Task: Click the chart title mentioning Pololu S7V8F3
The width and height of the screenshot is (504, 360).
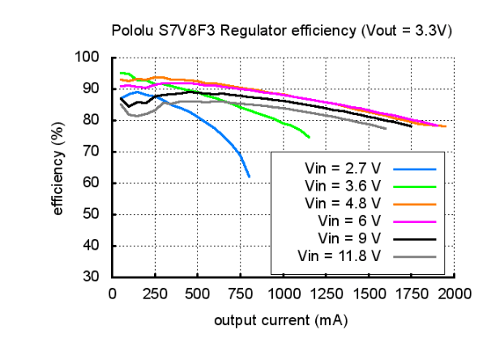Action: tap(281, 31)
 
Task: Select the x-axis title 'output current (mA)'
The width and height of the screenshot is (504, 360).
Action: tap(281, 321)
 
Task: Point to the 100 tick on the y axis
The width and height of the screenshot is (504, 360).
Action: tap(88, 58)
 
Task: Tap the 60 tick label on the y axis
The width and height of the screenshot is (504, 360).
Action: tap(92, 182)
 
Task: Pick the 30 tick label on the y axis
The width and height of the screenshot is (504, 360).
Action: tap(92, 276)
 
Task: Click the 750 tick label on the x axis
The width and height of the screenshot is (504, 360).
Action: tap(241, 294)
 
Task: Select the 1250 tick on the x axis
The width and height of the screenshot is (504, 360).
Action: tap(326, 294)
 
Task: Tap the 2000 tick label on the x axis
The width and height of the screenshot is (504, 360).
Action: tap(455, 294)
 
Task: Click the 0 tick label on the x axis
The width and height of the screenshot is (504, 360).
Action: tap(112, 294)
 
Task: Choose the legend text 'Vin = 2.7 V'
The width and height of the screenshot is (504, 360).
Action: tap(343, 169)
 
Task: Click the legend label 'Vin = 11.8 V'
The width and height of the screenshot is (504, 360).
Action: tap(340, 256)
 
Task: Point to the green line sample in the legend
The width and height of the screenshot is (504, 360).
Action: tap(415, 186)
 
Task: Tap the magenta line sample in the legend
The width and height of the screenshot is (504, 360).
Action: tap(415, 221)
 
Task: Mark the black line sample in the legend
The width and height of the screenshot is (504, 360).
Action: tap(415, 239)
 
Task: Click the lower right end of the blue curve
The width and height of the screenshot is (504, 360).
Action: tap(249, 176)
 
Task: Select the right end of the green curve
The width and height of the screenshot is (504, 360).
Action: tap(309, 137)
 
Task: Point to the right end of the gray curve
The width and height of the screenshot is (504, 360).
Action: tap(386, 128)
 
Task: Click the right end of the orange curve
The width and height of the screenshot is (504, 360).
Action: tap(445, 126)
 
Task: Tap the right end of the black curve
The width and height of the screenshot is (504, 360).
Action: tap(411, 126)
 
